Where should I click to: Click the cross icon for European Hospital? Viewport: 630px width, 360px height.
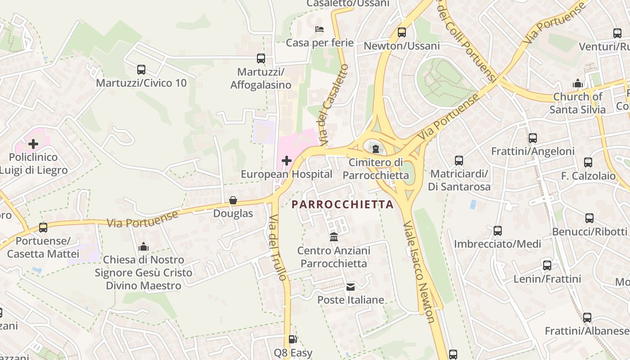pyautogui.click(x=287, y=160)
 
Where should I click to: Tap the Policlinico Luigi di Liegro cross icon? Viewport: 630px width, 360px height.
pyautogui.click(x=33, y=144)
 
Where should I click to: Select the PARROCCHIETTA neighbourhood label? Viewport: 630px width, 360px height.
pyautogui.click(x=342, y=204)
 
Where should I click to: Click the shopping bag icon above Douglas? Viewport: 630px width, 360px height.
pyautogui.click(x=233, y=200)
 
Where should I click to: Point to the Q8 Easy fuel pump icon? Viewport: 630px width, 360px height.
pyautogui.click(x=292, y=339)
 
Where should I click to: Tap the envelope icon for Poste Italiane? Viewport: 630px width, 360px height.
pyautogui.click(x=351, y=287)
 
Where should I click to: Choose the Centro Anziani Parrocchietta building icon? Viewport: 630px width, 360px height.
pyautogui.click(x=334, y=237)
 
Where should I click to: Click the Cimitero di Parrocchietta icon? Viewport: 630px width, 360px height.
pyautogui.click(x=376, y=148)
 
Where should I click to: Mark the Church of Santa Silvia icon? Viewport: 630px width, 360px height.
pyautogui.click(x=577, y=83)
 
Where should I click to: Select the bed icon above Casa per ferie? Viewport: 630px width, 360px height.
pyautogui.click(x=319, y=29)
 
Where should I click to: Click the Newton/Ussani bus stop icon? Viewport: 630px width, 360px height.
pyautogui.click(x=401, y=32)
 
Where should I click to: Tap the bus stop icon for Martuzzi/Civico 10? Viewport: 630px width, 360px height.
pyautogui.click(x=141, y=70)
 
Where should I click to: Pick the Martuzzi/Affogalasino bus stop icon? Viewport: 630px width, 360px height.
pyautogui.click(x=261, y=58)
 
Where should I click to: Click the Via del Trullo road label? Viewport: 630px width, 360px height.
pyautogui.click(x=278, y=247)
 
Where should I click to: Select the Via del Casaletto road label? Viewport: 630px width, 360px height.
pyautogui.click(x=333, y=105)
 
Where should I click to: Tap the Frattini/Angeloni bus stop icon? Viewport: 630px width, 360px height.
pyautogui.click(x=533, y=138)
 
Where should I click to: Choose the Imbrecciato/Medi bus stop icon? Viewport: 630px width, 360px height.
pyautogui.click(x=497, y=231)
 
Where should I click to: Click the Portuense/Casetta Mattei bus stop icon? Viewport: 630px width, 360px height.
pyautogui.click(x=43, y=228)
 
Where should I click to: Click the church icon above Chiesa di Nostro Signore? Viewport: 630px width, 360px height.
pyautogui.click(x=144, y=247)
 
